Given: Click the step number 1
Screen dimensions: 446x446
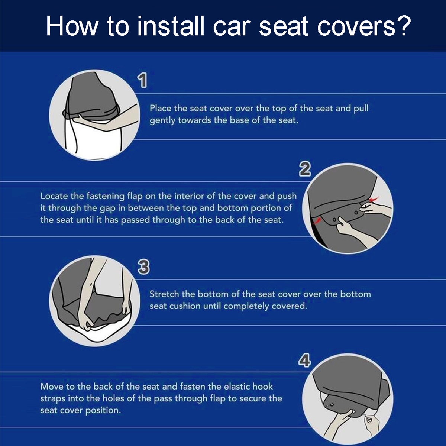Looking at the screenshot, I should [142, 80].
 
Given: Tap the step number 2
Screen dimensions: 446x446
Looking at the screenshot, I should [305, 169].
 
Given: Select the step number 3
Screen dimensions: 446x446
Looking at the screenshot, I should [143, 266].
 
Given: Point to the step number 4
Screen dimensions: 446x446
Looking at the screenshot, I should [304, 360].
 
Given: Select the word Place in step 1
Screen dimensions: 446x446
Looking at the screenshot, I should [160, 108].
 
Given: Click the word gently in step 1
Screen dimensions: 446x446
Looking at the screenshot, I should [162, 120].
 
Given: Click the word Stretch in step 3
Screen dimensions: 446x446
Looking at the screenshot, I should [164, 294].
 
